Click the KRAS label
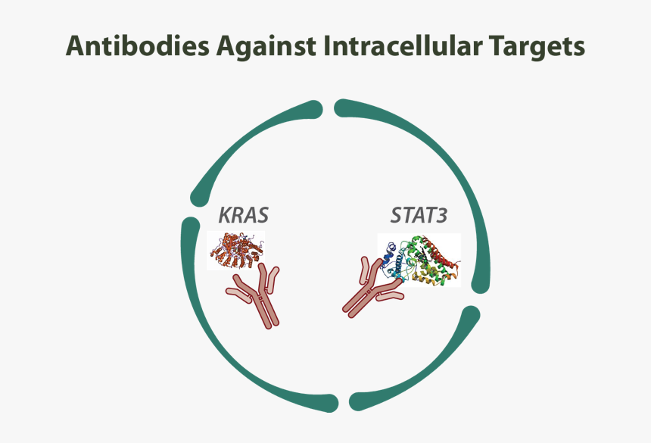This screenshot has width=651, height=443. click(x=242, y=216)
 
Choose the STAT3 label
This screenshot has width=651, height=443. click(x=419, y=216)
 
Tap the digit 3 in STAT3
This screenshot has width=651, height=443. click(x=442, y=216)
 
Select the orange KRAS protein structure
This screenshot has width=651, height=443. click(x=236, y=251)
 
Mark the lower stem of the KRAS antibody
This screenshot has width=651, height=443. click(x=265, y=313)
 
